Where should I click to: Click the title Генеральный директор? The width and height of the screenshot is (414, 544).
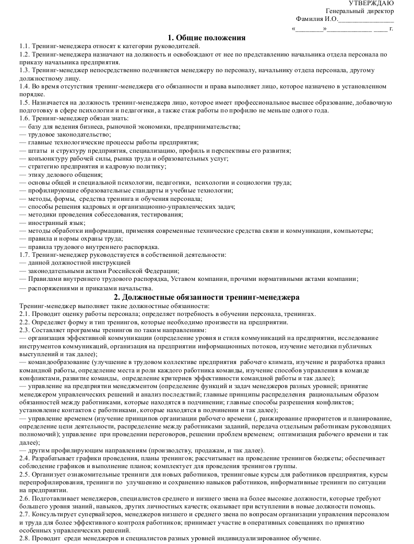[360, 11]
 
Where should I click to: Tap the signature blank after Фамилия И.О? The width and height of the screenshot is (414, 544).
[366, 20]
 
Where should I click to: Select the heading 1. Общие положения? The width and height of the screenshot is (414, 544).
[207, 37]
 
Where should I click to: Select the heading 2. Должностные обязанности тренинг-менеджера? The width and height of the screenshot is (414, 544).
[207, 297]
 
